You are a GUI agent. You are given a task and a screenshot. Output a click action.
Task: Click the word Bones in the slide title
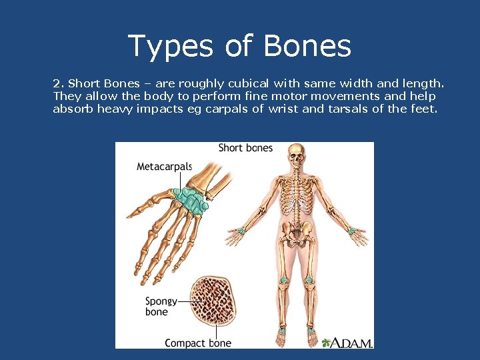[307, 46]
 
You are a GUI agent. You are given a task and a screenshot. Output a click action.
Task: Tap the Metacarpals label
[164, 167]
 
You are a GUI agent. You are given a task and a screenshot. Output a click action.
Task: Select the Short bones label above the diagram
[245, 147]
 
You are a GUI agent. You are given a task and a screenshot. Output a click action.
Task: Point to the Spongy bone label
[160, 307]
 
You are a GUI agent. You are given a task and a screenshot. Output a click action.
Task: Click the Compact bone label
[198, 343]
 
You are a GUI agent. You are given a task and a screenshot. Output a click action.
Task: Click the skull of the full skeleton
[297, 157]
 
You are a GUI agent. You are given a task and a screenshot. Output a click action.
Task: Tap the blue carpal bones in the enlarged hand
[190, 201]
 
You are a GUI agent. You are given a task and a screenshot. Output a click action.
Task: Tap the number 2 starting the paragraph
[57, 84]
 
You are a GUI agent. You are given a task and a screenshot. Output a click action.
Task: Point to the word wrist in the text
[283, 109]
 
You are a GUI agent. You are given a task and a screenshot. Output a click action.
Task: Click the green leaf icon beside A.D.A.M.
[326, 343]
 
